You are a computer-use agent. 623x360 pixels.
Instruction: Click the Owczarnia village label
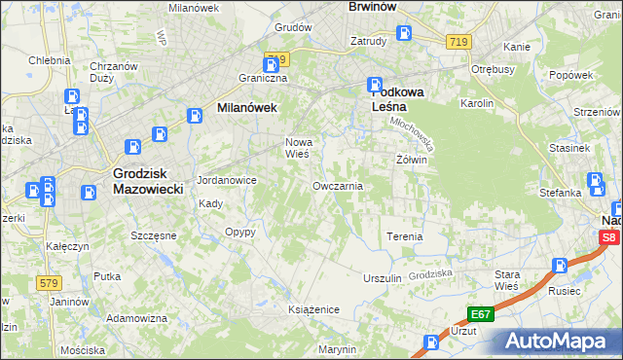point(338,185)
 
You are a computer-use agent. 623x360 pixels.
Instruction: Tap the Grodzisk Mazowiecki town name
point(142,181)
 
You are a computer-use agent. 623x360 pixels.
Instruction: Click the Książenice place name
point(312,308)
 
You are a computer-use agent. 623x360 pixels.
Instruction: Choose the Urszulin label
point(382,278)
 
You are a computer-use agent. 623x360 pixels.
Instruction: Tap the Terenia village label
point(404,236)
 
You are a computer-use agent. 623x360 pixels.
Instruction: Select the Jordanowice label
point(226,181)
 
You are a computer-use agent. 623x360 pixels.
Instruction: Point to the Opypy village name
point(239,233)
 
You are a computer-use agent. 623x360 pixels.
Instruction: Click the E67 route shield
point(481,313)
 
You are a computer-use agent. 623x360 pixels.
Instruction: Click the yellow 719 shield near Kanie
point(460,42)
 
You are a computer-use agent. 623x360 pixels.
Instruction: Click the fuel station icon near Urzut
point(432,342)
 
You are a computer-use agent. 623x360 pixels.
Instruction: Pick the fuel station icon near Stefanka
point(596,181)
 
